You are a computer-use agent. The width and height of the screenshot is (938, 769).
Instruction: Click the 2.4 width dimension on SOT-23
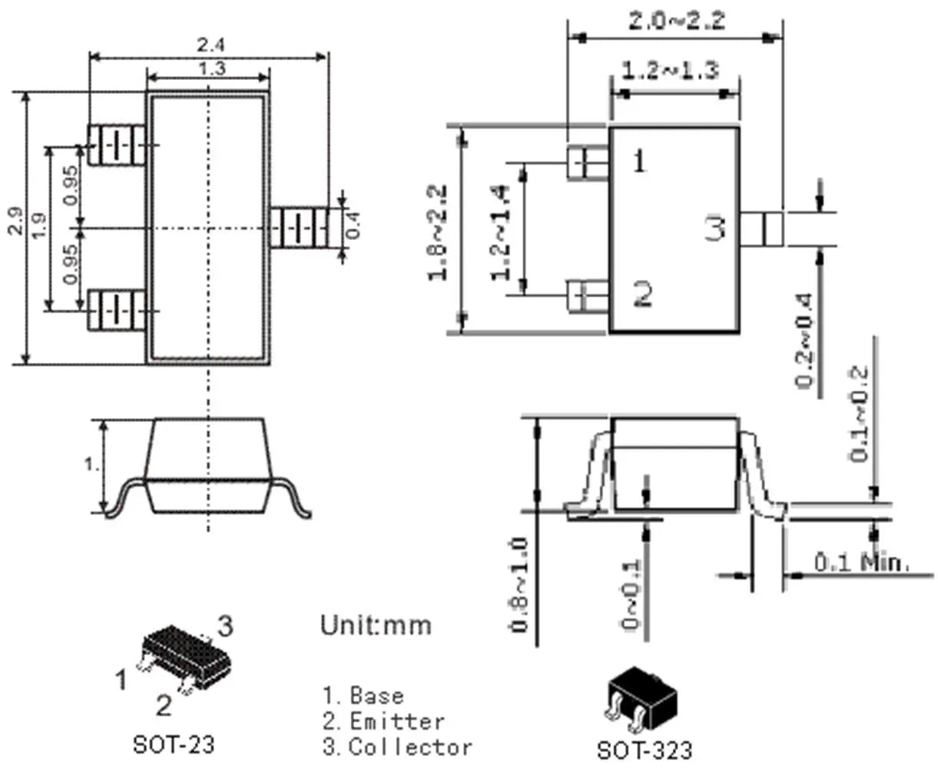click(x=209, y=45)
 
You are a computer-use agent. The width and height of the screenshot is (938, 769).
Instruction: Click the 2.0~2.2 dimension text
click(x=676, y=21)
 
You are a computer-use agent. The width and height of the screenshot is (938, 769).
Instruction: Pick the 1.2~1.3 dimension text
click(x=670, y=71)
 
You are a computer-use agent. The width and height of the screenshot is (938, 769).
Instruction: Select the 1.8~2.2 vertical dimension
click(x=439, y=230)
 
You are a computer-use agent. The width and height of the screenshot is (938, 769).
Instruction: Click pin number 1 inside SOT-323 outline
click(x=639, y=161)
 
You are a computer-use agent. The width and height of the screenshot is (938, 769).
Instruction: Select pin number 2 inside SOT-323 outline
click(x=642, y=293)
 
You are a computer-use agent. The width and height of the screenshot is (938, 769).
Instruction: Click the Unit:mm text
click(x=376, y=624)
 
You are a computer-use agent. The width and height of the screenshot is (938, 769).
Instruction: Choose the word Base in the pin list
click(x=376, y=696)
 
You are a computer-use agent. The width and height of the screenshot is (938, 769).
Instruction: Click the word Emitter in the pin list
click(x=397, y=721)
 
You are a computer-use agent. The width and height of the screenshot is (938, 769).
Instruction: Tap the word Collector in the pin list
click(x=410, y=747)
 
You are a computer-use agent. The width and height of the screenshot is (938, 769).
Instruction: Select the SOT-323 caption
click(x=644, y=750)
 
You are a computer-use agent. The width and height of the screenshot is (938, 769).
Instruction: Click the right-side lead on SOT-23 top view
click(x=299, y=228)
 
